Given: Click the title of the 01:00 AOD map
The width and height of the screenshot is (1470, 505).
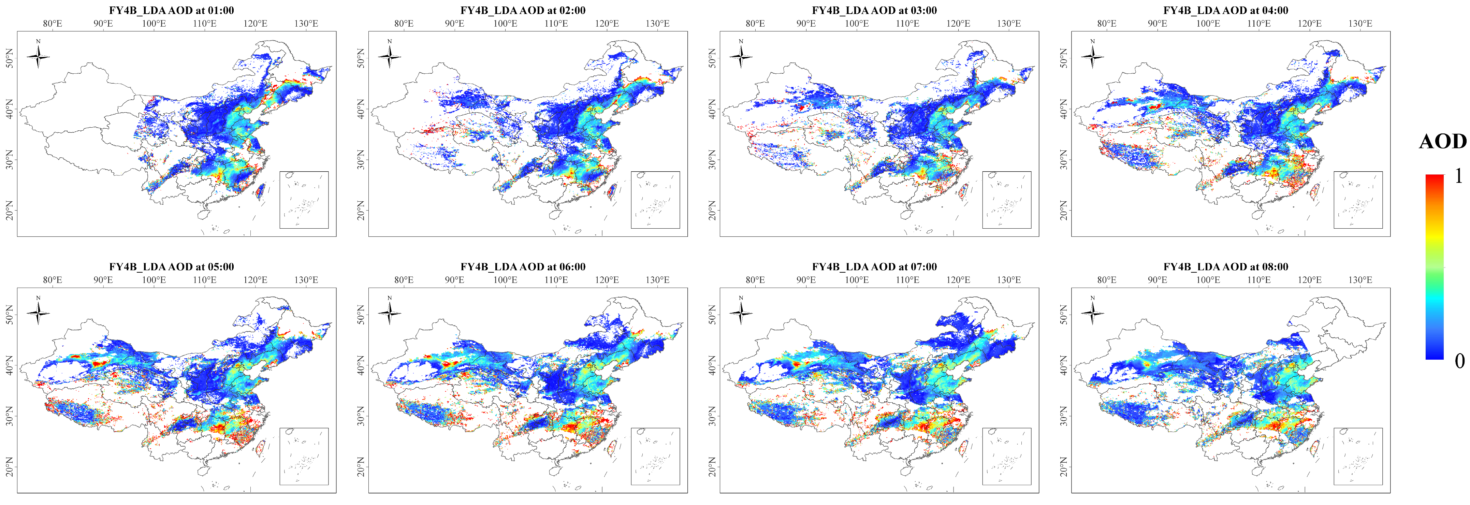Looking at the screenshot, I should pos(171,10).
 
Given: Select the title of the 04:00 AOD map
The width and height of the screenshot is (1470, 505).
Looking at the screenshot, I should pos(1226,10).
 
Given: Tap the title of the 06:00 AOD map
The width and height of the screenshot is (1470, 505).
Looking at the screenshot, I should pos(523,266).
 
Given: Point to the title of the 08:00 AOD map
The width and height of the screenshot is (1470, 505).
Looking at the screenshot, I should pos(1226,266).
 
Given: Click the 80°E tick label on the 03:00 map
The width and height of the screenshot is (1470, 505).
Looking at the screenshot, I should pos(755,24).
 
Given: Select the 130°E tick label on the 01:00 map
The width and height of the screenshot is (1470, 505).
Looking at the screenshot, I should pos(306,24).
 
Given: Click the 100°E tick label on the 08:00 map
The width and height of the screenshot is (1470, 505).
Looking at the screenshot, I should pos(1208,279).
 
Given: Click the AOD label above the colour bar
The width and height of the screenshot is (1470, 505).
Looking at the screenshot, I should pos(1443,142).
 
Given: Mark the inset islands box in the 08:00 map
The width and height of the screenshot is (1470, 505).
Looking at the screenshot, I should pos(1358,456).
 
